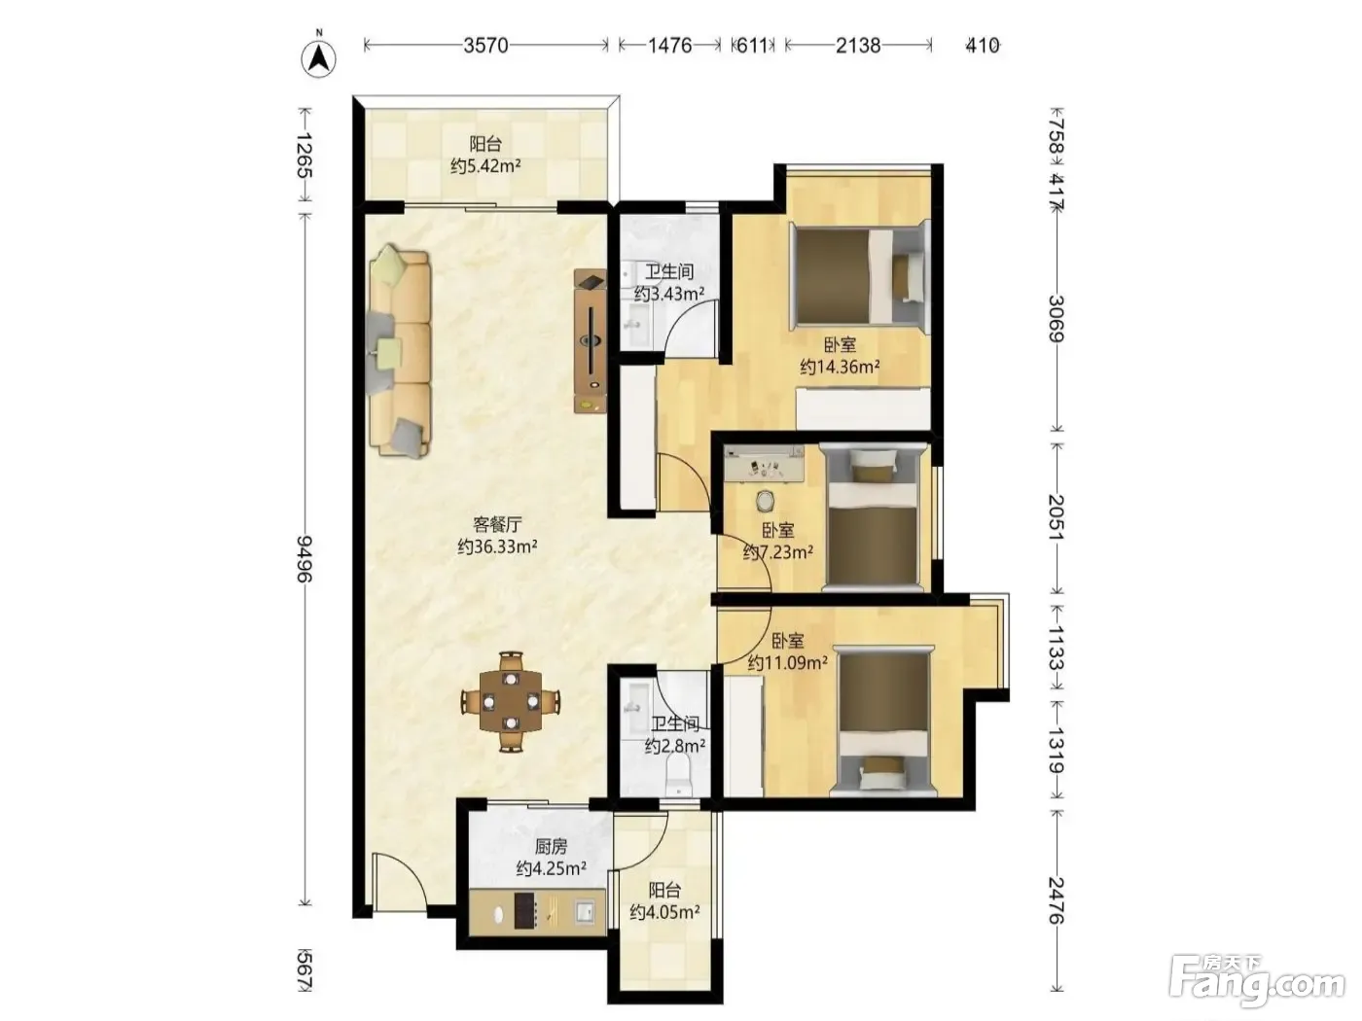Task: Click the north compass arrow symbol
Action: (319, 57)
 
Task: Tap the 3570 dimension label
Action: (485, 46)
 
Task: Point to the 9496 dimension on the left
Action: (305, 558)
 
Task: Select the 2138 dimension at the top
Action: (857, 46)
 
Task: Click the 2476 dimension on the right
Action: (1057, 900)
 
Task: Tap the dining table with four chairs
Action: (511, 702)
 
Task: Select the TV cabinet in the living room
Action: (590, 340)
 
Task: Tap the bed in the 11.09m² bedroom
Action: (883, 721)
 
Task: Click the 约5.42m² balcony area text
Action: (485, 166)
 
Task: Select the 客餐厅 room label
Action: (497, 524)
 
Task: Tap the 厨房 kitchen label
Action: (551, 846)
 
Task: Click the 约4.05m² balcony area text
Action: (664, 912)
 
